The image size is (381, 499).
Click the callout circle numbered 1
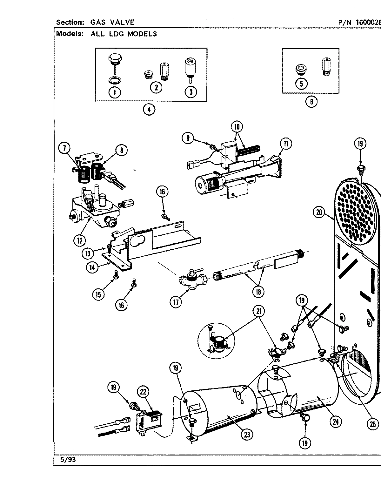tap(114, 92)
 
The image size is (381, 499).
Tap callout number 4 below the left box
tap(149, 110)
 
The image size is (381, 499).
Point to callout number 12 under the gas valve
tap(79, 240)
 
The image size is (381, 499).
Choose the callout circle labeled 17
tap(176, 301)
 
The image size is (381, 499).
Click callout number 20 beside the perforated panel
tap(319, 212)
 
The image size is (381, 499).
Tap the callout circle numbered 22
tap(143, 392)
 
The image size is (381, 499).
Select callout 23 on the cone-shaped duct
tap(247, 435)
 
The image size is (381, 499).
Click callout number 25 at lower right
tap(373, 424)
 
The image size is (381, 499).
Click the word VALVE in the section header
tap(122, 22)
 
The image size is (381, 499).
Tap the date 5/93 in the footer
tap(67, 460)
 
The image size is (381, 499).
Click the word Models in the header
tap(69, 34)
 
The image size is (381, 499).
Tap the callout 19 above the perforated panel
tap(360, 144)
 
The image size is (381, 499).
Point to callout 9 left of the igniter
tap(188, 138)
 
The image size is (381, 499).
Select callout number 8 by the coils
tap(121, 150)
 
